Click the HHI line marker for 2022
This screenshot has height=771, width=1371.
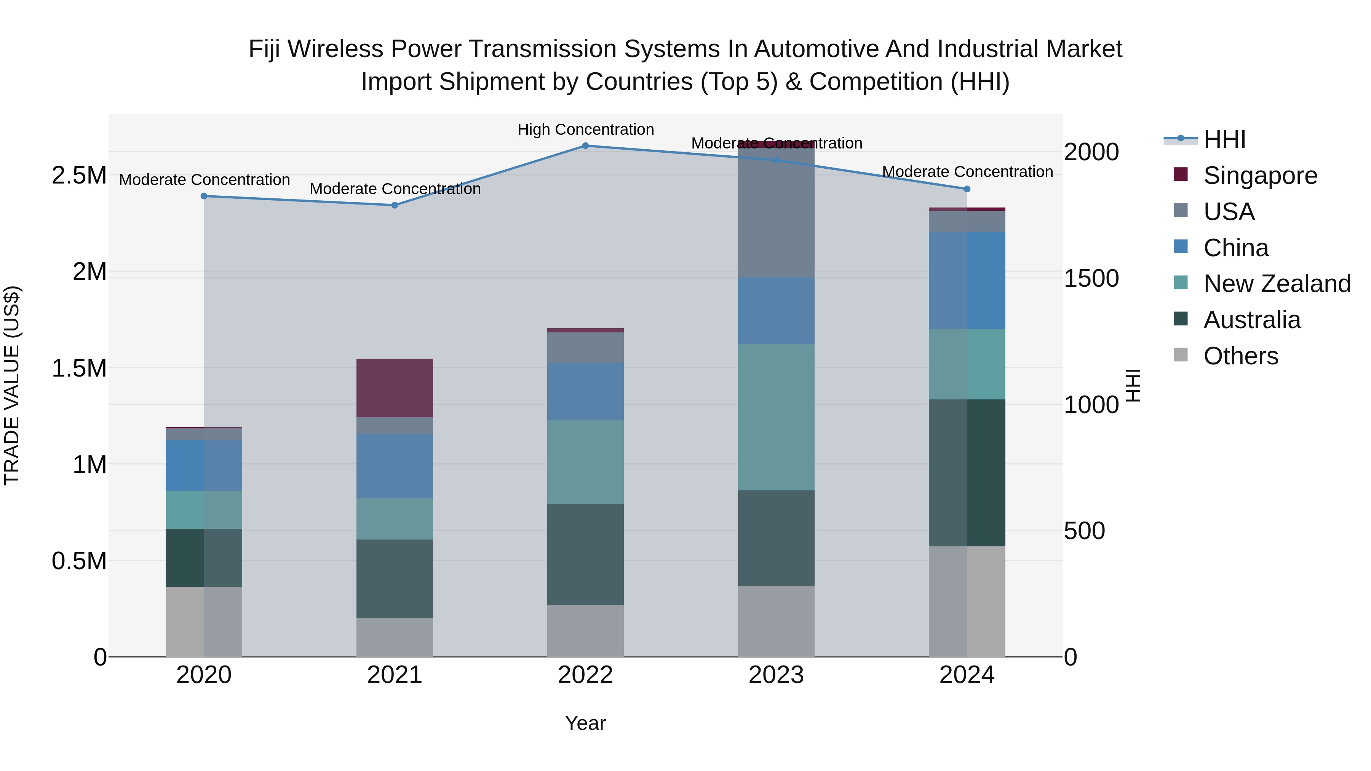[585, 146]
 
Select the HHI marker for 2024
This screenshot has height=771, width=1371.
[967, 189]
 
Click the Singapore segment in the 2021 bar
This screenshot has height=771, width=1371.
[395, 388]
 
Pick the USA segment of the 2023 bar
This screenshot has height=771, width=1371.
[776, 213]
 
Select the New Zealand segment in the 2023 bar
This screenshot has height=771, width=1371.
[776, 417]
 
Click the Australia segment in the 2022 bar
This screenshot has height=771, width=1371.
[585, 554]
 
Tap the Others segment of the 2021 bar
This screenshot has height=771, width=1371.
[395, 637]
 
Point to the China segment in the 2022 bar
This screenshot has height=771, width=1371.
[585, 392]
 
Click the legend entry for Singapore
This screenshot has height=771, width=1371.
[1259, 176]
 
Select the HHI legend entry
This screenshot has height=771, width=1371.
[1224, 139]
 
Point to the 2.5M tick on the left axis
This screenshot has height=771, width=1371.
[79, 176]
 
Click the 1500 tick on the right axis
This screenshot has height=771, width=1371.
[1091, 278]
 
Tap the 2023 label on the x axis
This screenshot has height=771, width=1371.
[776, 675]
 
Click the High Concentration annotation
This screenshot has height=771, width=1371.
[585, 129]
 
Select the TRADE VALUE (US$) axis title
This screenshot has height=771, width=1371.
[12, 385]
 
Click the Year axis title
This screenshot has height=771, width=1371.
[585, 723]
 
